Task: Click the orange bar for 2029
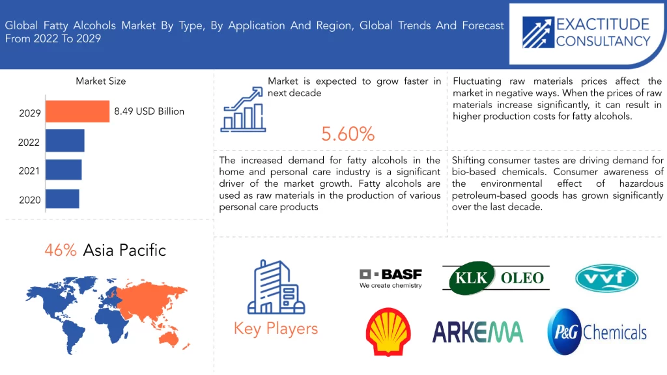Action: pos(78,111)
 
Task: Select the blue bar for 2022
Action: pos(65,141)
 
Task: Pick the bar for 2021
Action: pos(63,170)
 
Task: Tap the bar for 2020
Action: pos(62,199)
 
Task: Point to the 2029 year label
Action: pos(30,113)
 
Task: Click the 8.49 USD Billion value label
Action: pos(149,111)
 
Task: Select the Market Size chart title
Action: pos(101,81)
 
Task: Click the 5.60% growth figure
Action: pos(348,134)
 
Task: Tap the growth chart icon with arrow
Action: pos(243,109)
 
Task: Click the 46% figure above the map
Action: pos(61,251)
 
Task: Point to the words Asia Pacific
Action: pos(124,251)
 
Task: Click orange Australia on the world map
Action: pos(169,338)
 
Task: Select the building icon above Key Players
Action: pos(276,287)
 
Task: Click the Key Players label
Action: pos(276,329)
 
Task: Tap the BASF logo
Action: pos(391,279)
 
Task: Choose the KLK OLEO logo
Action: pos(496,278)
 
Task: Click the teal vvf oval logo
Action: pos(606,279)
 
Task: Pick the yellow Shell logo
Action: pos(388,331)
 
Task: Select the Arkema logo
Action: pos(477,332)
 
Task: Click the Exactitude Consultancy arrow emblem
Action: pos(538,33)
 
